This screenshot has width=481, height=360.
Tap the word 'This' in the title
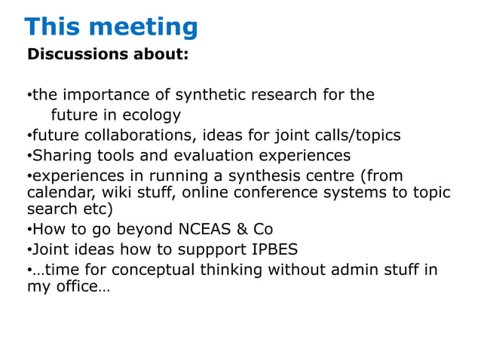coord(52,27)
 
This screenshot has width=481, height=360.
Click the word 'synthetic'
coord(212,96)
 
